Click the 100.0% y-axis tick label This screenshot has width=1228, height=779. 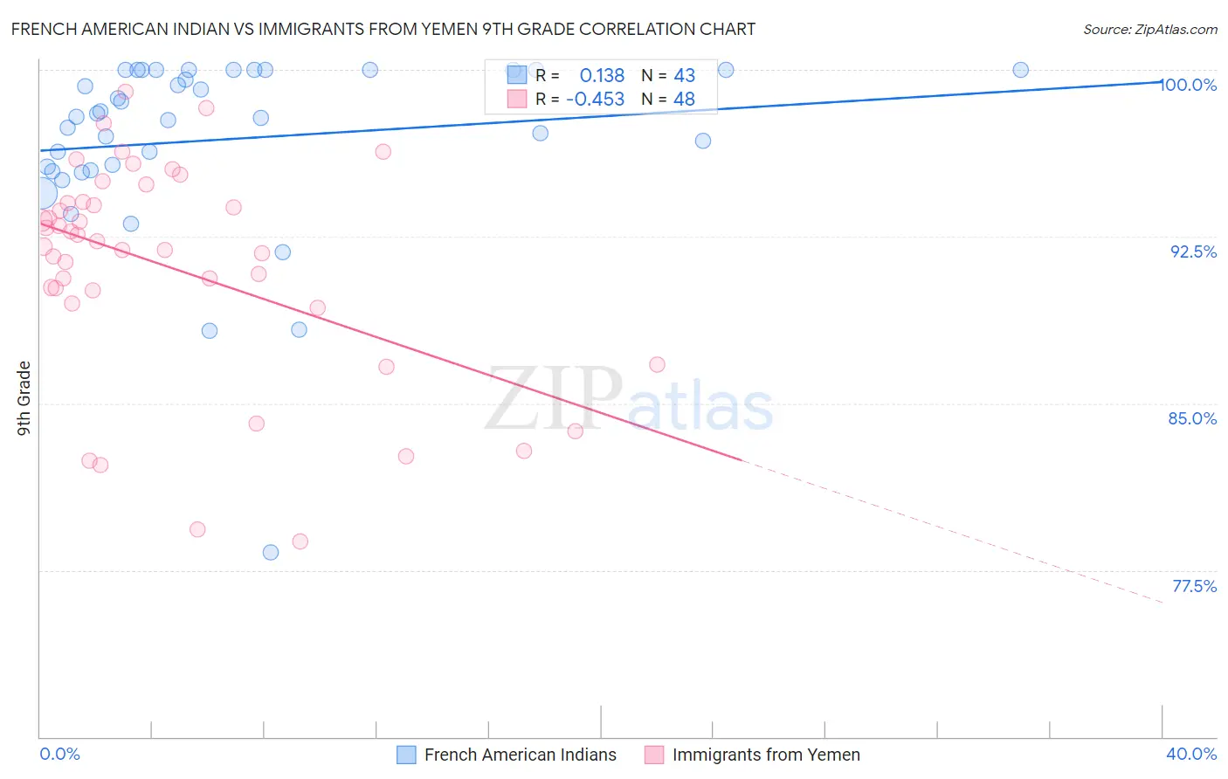pyautogui.click(x=1188, y=85)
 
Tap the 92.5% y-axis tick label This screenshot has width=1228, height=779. pyautogui.click(x=1193, y=252)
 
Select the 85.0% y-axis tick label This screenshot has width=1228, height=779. pyautogui.click(x=1192, y=418)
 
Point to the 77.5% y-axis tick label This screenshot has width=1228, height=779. pyautogui.click(x=1194, y=586)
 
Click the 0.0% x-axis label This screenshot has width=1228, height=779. pyautogui.click(x=59, y=754)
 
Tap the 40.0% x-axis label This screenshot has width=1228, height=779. pyautogui.click(x=1191, y=754)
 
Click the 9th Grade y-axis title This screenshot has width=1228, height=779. pyautogui.click(x=24, y=397)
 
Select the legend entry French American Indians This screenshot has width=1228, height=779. pyautogui.click(x=520, y=755)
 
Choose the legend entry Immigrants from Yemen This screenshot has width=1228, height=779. pyautogui.click(x=765, y=755)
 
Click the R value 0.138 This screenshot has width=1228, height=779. pyautogui.click(x=602, y=75)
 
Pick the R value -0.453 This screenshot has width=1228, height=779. pyautogui.click(x=595, y=100)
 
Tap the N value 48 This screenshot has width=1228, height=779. pyautogui.click(x=684, y=100)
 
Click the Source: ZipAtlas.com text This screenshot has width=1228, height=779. pyautogui.click(x=1149, y=29)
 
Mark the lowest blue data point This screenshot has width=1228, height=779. pyautogui.click(x=271, y=552)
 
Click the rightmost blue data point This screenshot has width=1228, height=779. pyautogui.click(x=1020, y=70)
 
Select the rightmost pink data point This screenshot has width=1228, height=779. pyautogui.click(x=657, y=364)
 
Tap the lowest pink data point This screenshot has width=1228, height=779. pyautogui.click(x=300, y=541)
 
